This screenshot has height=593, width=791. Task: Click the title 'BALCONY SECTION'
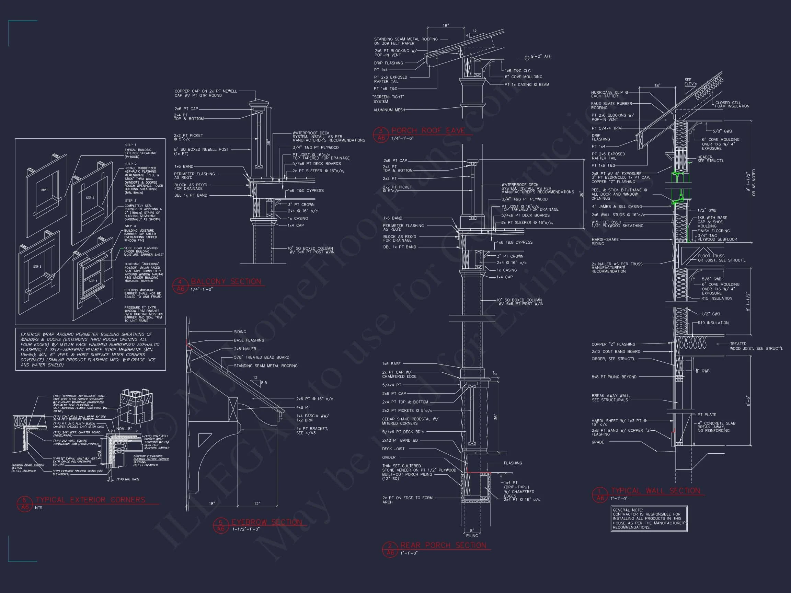(226, 282)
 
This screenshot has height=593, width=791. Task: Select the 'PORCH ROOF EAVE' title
(428, 131)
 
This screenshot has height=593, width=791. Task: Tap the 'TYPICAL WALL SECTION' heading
(655, 491)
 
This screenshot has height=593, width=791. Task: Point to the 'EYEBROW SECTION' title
(267, 522)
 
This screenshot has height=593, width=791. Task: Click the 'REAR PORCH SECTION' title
(444, 545)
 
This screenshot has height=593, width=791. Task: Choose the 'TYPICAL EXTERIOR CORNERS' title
(91, 500)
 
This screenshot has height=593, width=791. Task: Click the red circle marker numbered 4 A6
(180, 285)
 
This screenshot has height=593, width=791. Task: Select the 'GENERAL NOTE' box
(649, 519)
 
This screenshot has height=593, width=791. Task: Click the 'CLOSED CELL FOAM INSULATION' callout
(732, 104)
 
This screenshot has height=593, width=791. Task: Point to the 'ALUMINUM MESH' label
(389, 110)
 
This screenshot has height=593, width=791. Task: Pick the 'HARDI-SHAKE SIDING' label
(605, 242)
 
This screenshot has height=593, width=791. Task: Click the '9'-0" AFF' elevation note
(541, 57)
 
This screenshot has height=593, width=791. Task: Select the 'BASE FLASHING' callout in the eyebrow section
(249, 340)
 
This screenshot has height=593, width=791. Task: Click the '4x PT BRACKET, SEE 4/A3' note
(312, 431)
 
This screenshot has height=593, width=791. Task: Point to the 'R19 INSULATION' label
(713, 323)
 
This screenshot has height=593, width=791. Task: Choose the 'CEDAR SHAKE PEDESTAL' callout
(410, 421)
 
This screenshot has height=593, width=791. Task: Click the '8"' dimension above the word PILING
(472, 531)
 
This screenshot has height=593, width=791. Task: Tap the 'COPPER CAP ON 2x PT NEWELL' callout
(206, 93)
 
